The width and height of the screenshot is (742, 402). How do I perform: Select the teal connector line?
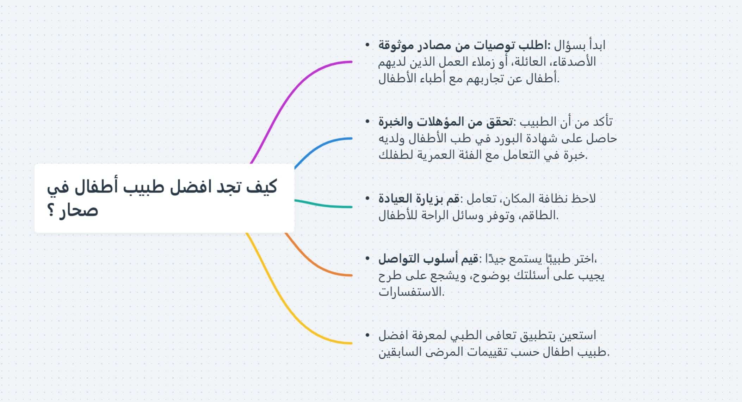[x=322, y=205]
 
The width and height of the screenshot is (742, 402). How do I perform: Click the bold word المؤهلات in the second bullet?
[x=445, y=122]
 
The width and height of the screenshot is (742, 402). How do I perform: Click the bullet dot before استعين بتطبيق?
[x=368, y=335]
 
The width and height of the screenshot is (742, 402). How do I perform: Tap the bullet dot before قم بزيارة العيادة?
[x=368, y=198]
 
